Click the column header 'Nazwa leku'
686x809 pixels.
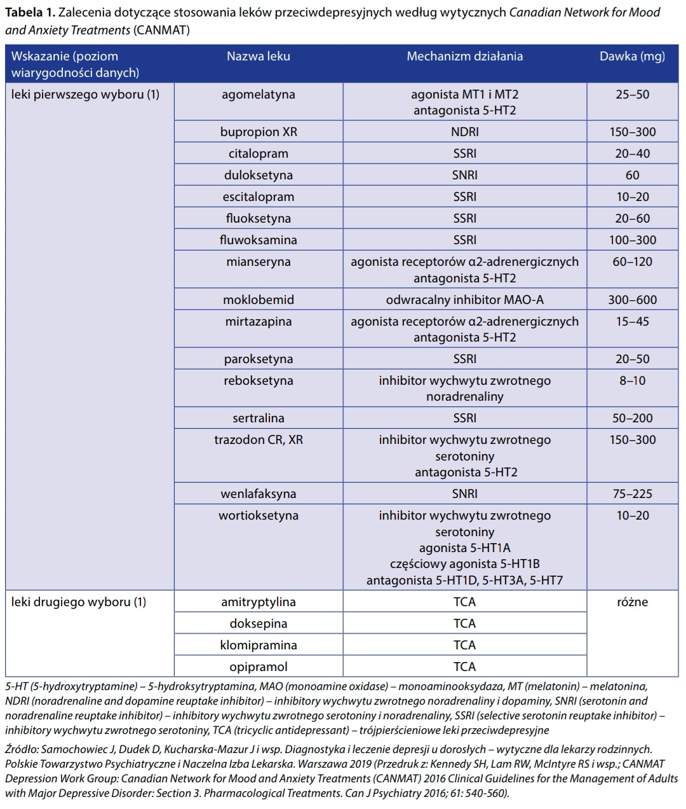click(258, 56)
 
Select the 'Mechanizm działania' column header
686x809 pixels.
click(464, 56)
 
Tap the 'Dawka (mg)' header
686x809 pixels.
click(632, 56)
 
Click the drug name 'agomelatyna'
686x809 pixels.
click(258, 95)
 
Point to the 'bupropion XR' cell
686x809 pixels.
click(258, 132)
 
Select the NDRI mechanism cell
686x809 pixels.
click(464, 132)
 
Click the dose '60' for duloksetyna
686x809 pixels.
click(632, 176)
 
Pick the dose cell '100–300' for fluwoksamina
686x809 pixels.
click(632, 240)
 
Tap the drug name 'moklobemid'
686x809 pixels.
click(258, 300)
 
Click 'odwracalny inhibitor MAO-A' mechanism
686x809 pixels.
click(464, 300)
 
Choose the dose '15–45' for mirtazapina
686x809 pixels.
click(632, 322)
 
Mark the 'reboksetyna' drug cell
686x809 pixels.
click(258, 381)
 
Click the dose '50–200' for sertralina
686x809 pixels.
click(632, 418)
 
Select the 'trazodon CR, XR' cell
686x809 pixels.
click(258, 440)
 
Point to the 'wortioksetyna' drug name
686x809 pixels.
click(258, 516)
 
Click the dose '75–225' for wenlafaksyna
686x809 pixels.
click(632, 494)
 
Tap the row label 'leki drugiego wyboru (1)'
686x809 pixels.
click(79, 602)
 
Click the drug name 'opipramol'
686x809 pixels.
click(258, 667)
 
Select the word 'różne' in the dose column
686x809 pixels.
click(632, 602)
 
